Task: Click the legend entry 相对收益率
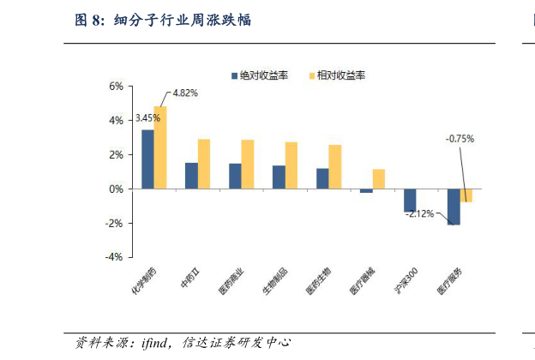tap(340, 75)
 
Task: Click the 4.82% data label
tap(186, 93)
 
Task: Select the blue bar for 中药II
tap(191, 176)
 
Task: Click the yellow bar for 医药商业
tap(248, 164)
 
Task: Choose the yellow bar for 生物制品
tap(292, 165)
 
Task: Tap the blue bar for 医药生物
tap(322, 178)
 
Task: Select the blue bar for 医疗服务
tap(454, 207)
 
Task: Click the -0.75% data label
tap(460, 138)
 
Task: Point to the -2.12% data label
tap(419, 213)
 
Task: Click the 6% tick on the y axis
tap(116, 87)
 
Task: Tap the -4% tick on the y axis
tap(114, 256)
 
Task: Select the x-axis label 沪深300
tap(406, 282)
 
